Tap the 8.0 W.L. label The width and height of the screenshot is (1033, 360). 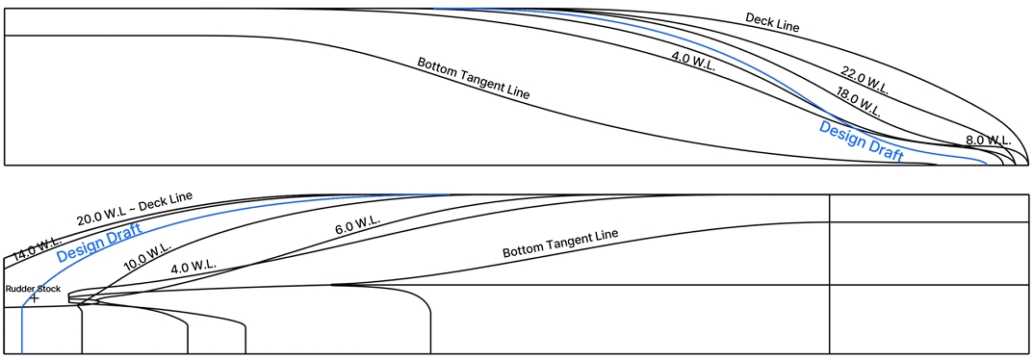point(988,141)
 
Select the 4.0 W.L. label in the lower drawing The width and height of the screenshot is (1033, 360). point(194,265)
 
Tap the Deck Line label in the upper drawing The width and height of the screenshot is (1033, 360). point(772,21)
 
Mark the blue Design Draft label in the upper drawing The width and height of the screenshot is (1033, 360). point(861,141)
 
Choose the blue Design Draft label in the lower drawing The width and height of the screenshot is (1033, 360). point(99,243)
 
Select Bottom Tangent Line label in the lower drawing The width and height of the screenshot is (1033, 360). point(559,244)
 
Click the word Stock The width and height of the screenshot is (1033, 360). point(49,289)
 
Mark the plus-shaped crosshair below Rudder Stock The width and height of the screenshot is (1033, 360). point(34,298)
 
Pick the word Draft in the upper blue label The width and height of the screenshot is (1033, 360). point(885,149)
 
